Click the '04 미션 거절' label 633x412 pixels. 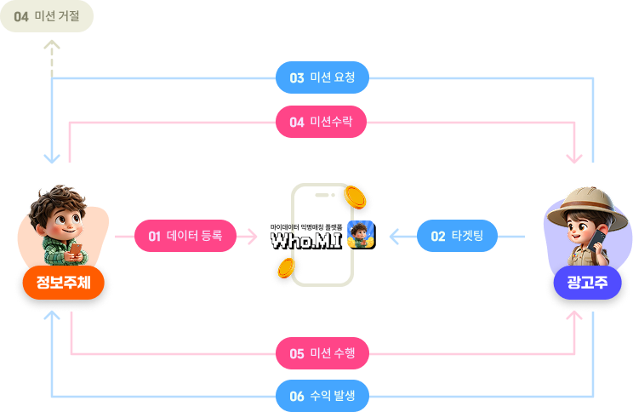pyautogui.click(x=46, y=16)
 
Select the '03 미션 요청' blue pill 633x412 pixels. pyautogui.click(x=322, y=77)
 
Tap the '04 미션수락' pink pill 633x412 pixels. pyautogui.click(x=322, y=122)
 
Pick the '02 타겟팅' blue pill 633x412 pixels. pyautogui.click(x=457, y=236)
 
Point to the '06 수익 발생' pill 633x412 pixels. pyautogui.click(x=322, y=395)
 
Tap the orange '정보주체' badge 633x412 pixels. pyautogui.click(x=58, y=283)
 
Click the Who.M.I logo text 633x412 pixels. pyautogui.click(x=305, y=241)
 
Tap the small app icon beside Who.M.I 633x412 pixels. pyautogui.click(x=361, y=234)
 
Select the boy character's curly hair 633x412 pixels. pyautogui.click(x=60, y=201)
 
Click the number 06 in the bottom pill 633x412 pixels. pyautogui.click(x=297, y=395)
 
